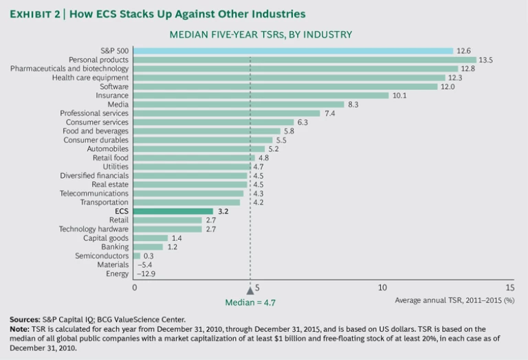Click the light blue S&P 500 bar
(293, 51)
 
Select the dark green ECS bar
(173, 211)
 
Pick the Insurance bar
(261, 95)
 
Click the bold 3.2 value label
(223, 211)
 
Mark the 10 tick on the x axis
(382, 287)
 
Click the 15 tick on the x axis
(509, 287)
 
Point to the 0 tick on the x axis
(134, 287)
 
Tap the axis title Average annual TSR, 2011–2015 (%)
(454, 300)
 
